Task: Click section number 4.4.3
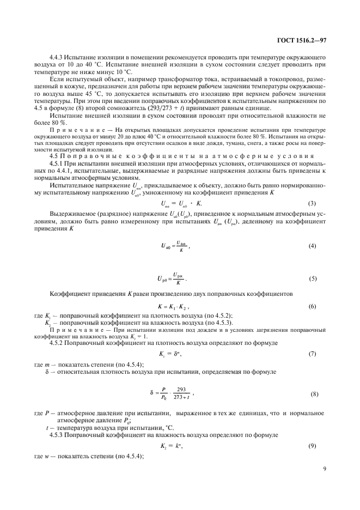pos(57,57)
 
